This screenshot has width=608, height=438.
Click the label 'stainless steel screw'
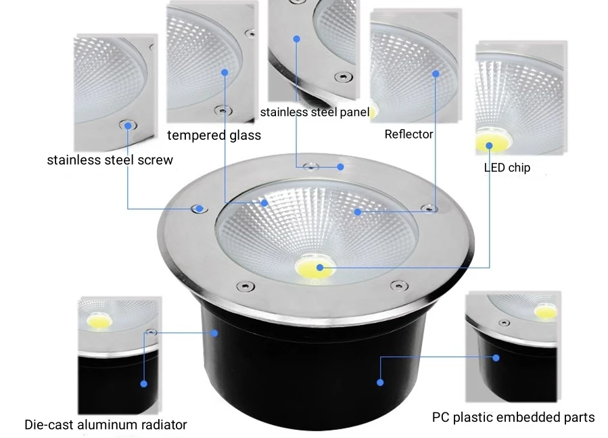[110, 160]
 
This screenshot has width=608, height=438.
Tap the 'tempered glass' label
[214, 135]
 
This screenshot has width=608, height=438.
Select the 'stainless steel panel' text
[314, 112]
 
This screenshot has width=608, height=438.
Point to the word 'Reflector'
[408, 134]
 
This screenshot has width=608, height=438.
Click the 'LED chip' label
[507, 167]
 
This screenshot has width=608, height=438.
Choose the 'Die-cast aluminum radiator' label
[106, 425]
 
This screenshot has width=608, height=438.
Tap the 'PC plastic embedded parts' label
[513, 417]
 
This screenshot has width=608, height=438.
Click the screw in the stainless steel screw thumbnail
[126, 124]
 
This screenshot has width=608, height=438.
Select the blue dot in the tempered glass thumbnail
[225, 72]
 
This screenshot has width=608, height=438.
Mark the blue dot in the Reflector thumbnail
[436, 73]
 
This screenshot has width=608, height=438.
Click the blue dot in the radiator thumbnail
[143, 383]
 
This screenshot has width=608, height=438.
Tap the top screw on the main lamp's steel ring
[312, 166]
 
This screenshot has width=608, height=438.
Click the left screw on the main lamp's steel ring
[198, 208]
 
